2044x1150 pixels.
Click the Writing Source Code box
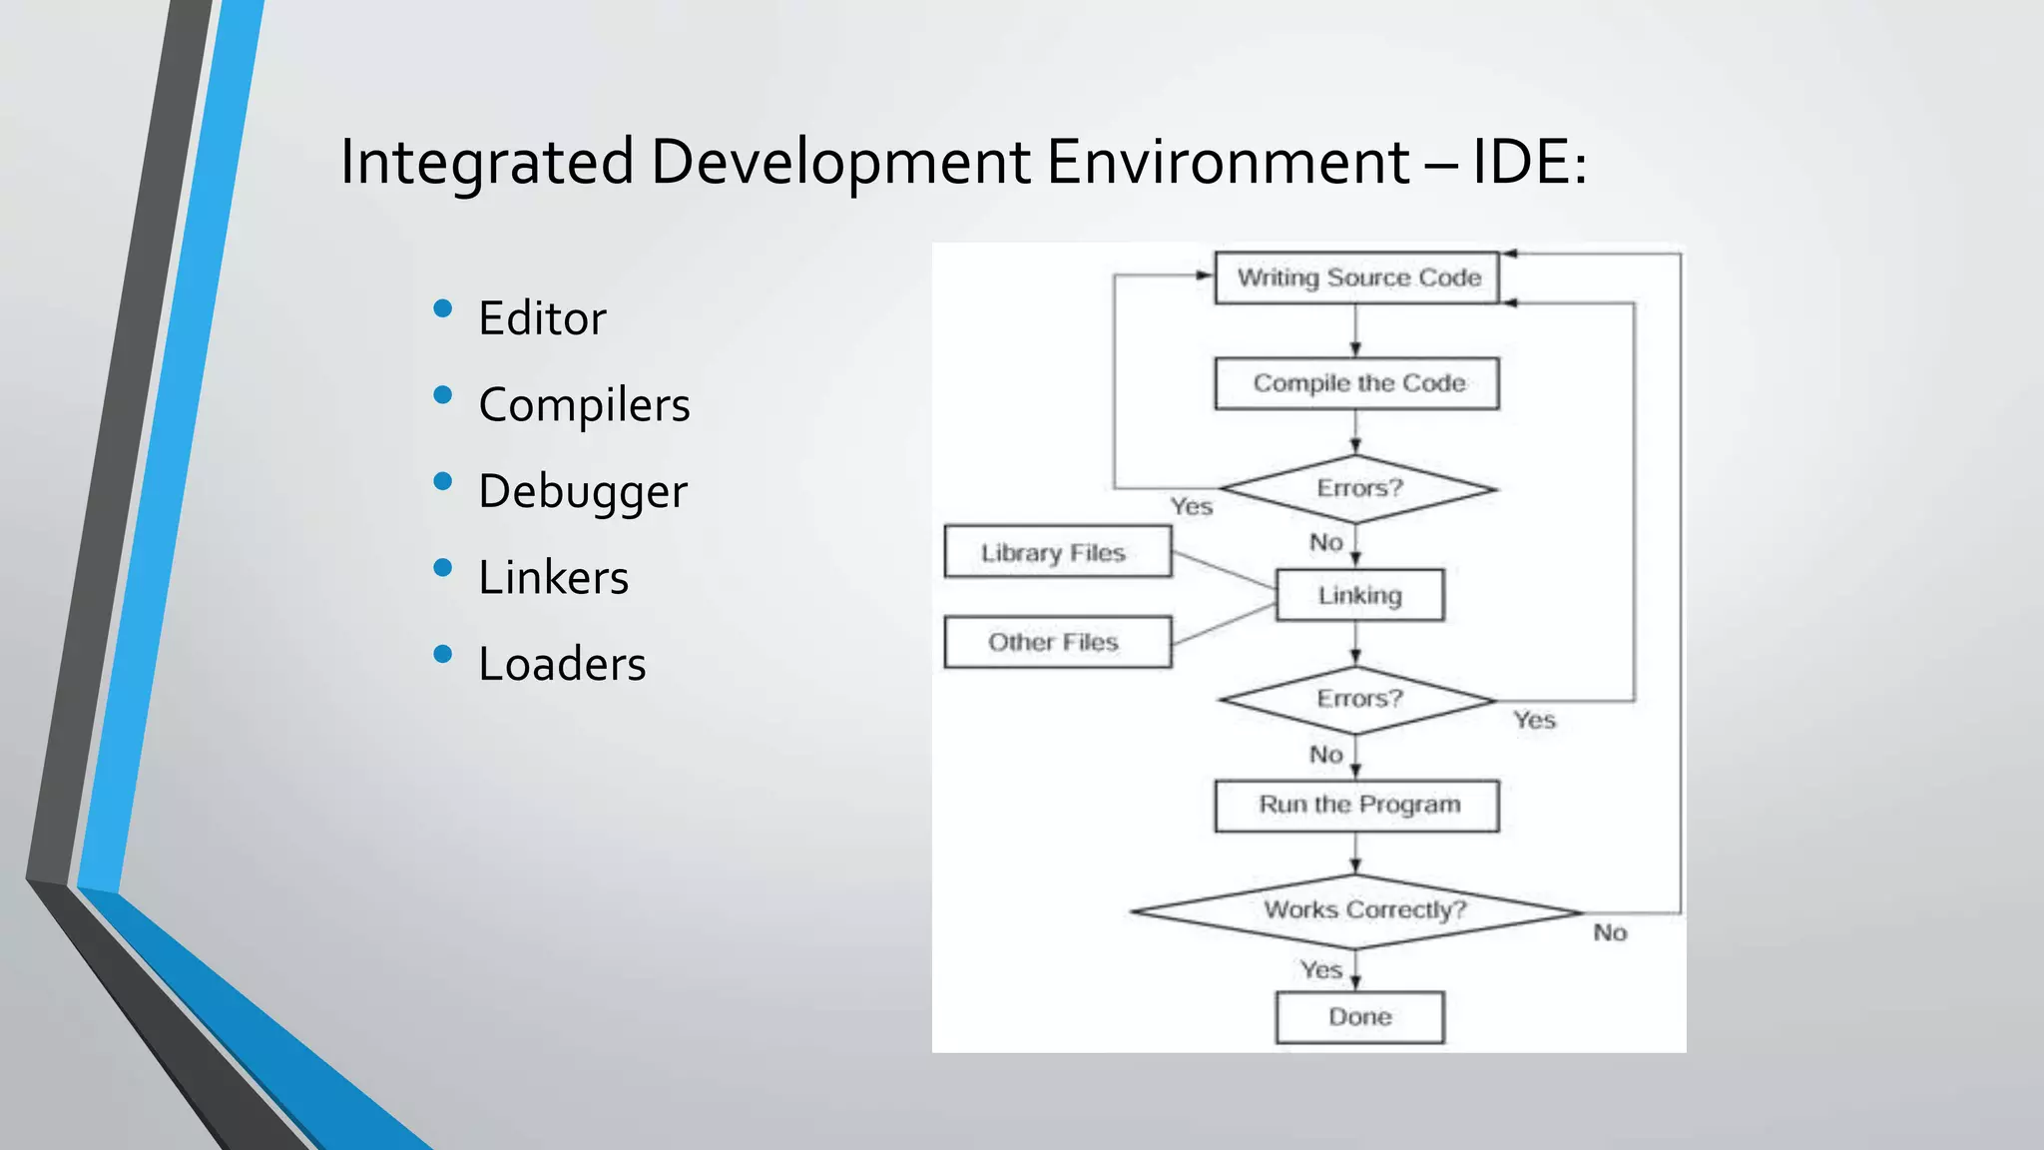click(1356, 278)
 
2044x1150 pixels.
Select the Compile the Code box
click(1356, 383)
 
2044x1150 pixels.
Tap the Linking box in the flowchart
click(1359, 595)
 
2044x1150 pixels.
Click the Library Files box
click(1057, 552)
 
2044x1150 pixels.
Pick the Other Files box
click(1057, 642)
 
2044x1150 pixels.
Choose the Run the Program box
click(1356, 806)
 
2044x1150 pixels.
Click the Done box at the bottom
click(1359, 1017)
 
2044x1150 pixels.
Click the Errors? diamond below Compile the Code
click(1358, 489)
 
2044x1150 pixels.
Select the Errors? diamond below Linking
click(1358, 700)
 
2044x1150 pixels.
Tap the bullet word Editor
click(542, 318)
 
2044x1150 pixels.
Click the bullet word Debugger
click(583, 491)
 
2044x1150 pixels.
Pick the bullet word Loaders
click(562, 664)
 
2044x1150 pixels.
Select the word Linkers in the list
click(553, 578)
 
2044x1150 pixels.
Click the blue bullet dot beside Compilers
click(443, 395)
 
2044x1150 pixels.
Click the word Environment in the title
click(1229, 161)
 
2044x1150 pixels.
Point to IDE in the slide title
click(1521, 161)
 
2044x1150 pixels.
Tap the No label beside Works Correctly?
click(1610, 932)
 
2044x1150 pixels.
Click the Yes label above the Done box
click(1320, 969)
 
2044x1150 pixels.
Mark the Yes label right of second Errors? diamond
click(1534, 720)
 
